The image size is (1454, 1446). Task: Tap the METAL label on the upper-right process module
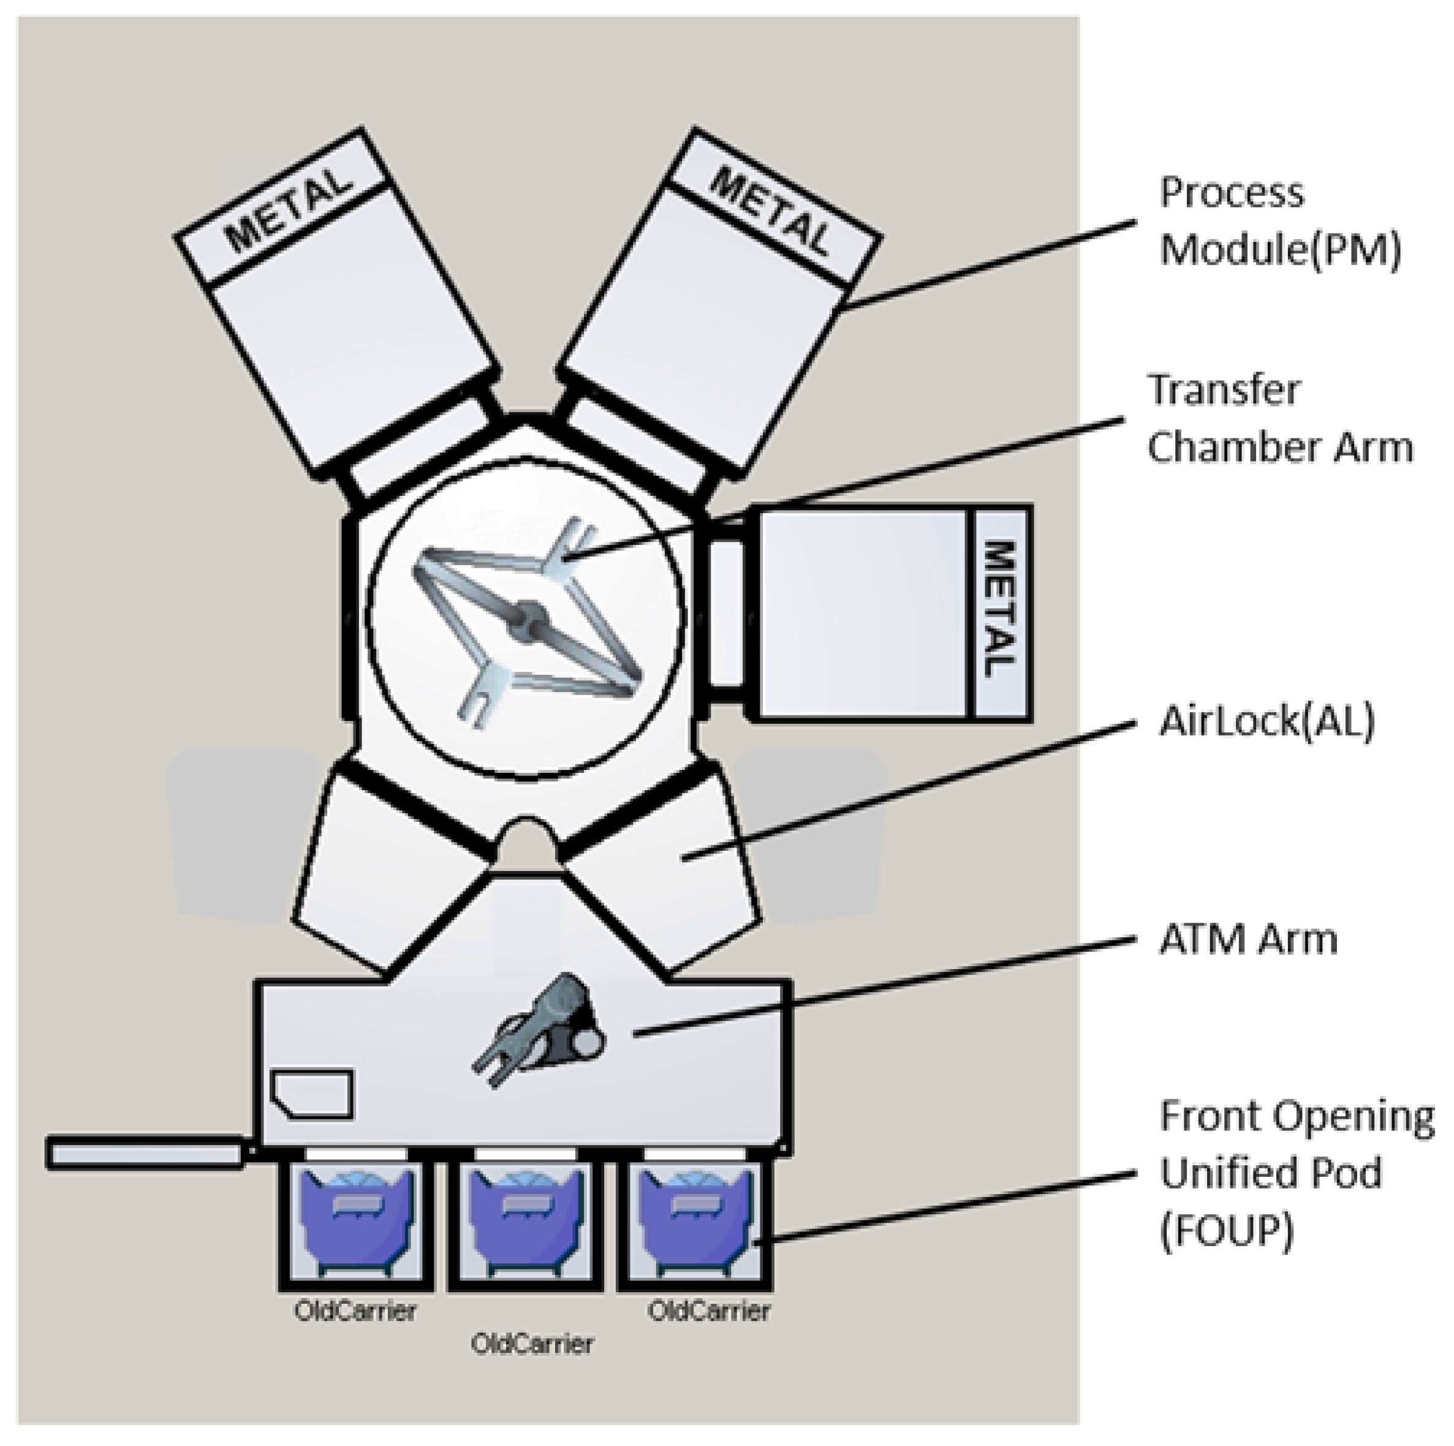click(x=772, y=211)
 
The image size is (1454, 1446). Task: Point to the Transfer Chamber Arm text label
click(x=1279, y=419)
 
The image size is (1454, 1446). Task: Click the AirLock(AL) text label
click(x=1267, y=721)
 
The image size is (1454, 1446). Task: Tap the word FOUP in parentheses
click(x=1227, y=1232)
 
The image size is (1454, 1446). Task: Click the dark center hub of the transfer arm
click(x=529, y=617)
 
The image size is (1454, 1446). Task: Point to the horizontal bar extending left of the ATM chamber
click(x=145, y=1153)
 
